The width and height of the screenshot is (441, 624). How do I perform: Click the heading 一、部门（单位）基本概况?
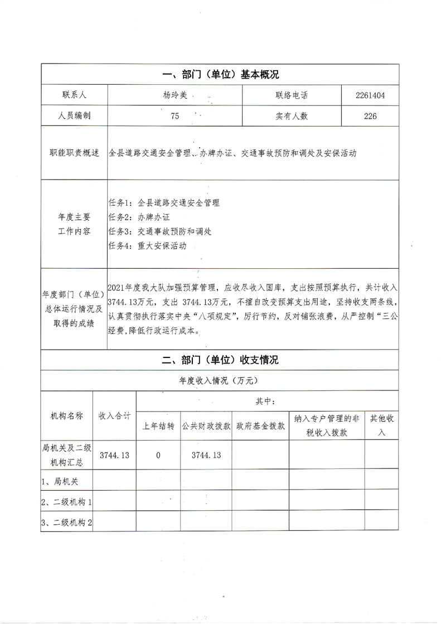click(x=220, y=74)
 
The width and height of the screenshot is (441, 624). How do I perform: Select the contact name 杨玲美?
click(x=175, y=95)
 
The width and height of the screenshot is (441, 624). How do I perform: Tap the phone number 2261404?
click(x=370, y=95)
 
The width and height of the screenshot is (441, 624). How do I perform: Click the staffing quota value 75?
click(x=175, y=116)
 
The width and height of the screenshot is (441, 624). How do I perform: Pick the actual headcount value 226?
click(x=370, y=116)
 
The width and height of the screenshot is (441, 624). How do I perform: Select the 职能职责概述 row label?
click(x=74, y=153)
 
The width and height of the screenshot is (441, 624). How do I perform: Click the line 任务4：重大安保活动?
click(x=147, y=245)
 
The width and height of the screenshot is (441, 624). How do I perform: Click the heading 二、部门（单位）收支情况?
click(x=220, y=360)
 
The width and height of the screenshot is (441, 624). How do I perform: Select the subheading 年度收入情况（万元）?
click(x=220, y=381)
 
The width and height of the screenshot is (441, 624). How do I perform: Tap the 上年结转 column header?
click(x=158, y=425)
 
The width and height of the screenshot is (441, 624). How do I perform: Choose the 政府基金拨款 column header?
click(x=260, y=425)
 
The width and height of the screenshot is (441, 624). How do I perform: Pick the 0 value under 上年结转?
click(x=158, y=455)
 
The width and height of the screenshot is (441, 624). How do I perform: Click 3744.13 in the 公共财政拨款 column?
click(x=206, y=455)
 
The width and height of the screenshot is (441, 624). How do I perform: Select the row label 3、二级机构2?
click(x=66, y=523)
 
